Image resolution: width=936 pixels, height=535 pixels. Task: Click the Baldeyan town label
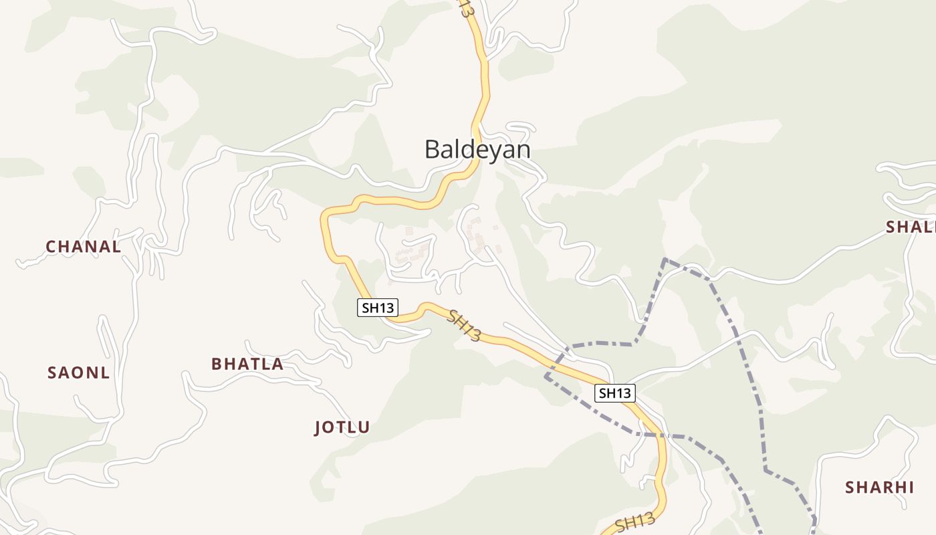coord(477,149)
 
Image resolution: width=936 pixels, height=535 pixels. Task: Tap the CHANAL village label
coord(84,247)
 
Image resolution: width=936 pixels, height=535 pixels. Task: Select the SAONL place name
coord(78,373)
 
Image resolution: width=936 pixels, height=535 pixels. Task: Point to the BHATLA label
coord(247,364)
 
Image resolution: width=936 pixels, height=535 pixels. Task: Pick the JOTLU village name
coord(342,428)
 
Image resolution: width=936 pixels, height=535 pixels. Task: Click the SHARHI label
coord(879,488)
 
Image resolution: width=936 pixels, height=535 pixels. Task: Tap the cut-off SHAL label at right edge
coord(911,227)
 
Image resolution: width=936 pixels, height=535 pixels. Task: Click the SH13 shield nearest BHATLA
coord(378,308)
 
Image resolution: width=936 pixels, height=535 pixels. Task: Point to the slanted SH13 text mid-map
coord(464,325)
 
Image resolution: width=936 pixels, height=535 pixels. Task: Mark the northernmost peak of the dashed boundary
coord(665,259)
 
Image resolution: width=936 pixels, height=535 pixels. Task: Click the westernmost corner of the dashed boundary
coord(546,377)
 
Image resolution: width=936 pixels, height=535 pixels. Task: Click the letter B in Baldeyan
coord(432,149)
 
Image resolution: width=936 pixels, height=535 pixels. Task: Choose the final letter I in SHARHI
coord(911,488)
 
